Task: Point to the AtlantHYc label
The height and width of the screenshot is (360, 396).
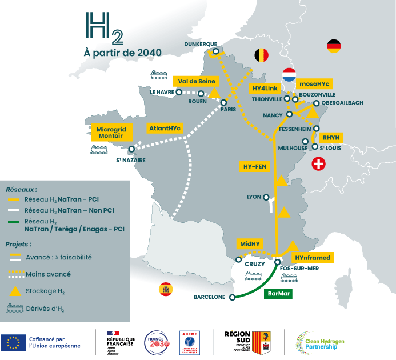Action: pos(165,129)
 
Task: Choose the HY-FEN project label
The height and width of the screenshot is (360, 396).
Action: pos(255,166)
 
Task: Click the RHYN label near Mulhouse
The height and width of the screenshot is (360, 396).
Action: pos(330,138)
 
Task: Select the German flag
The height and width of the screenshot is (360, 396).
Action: pos(334,46)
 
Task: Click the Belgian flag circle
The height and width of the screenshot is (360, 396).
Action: pos(261,55)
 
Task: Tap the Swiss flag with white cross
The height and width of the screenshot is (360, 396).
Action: pos(318,165)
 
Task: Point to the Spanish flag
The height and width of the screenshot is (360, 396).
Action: pos(166,289)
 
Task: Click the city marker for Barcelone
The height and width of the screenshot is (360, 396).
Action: pos(232,297)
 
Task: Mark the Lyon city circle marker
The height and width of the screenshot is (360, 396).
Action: pos(266,197)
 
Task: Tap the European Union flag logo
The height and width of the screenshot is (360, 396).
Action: pos(11,343)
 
